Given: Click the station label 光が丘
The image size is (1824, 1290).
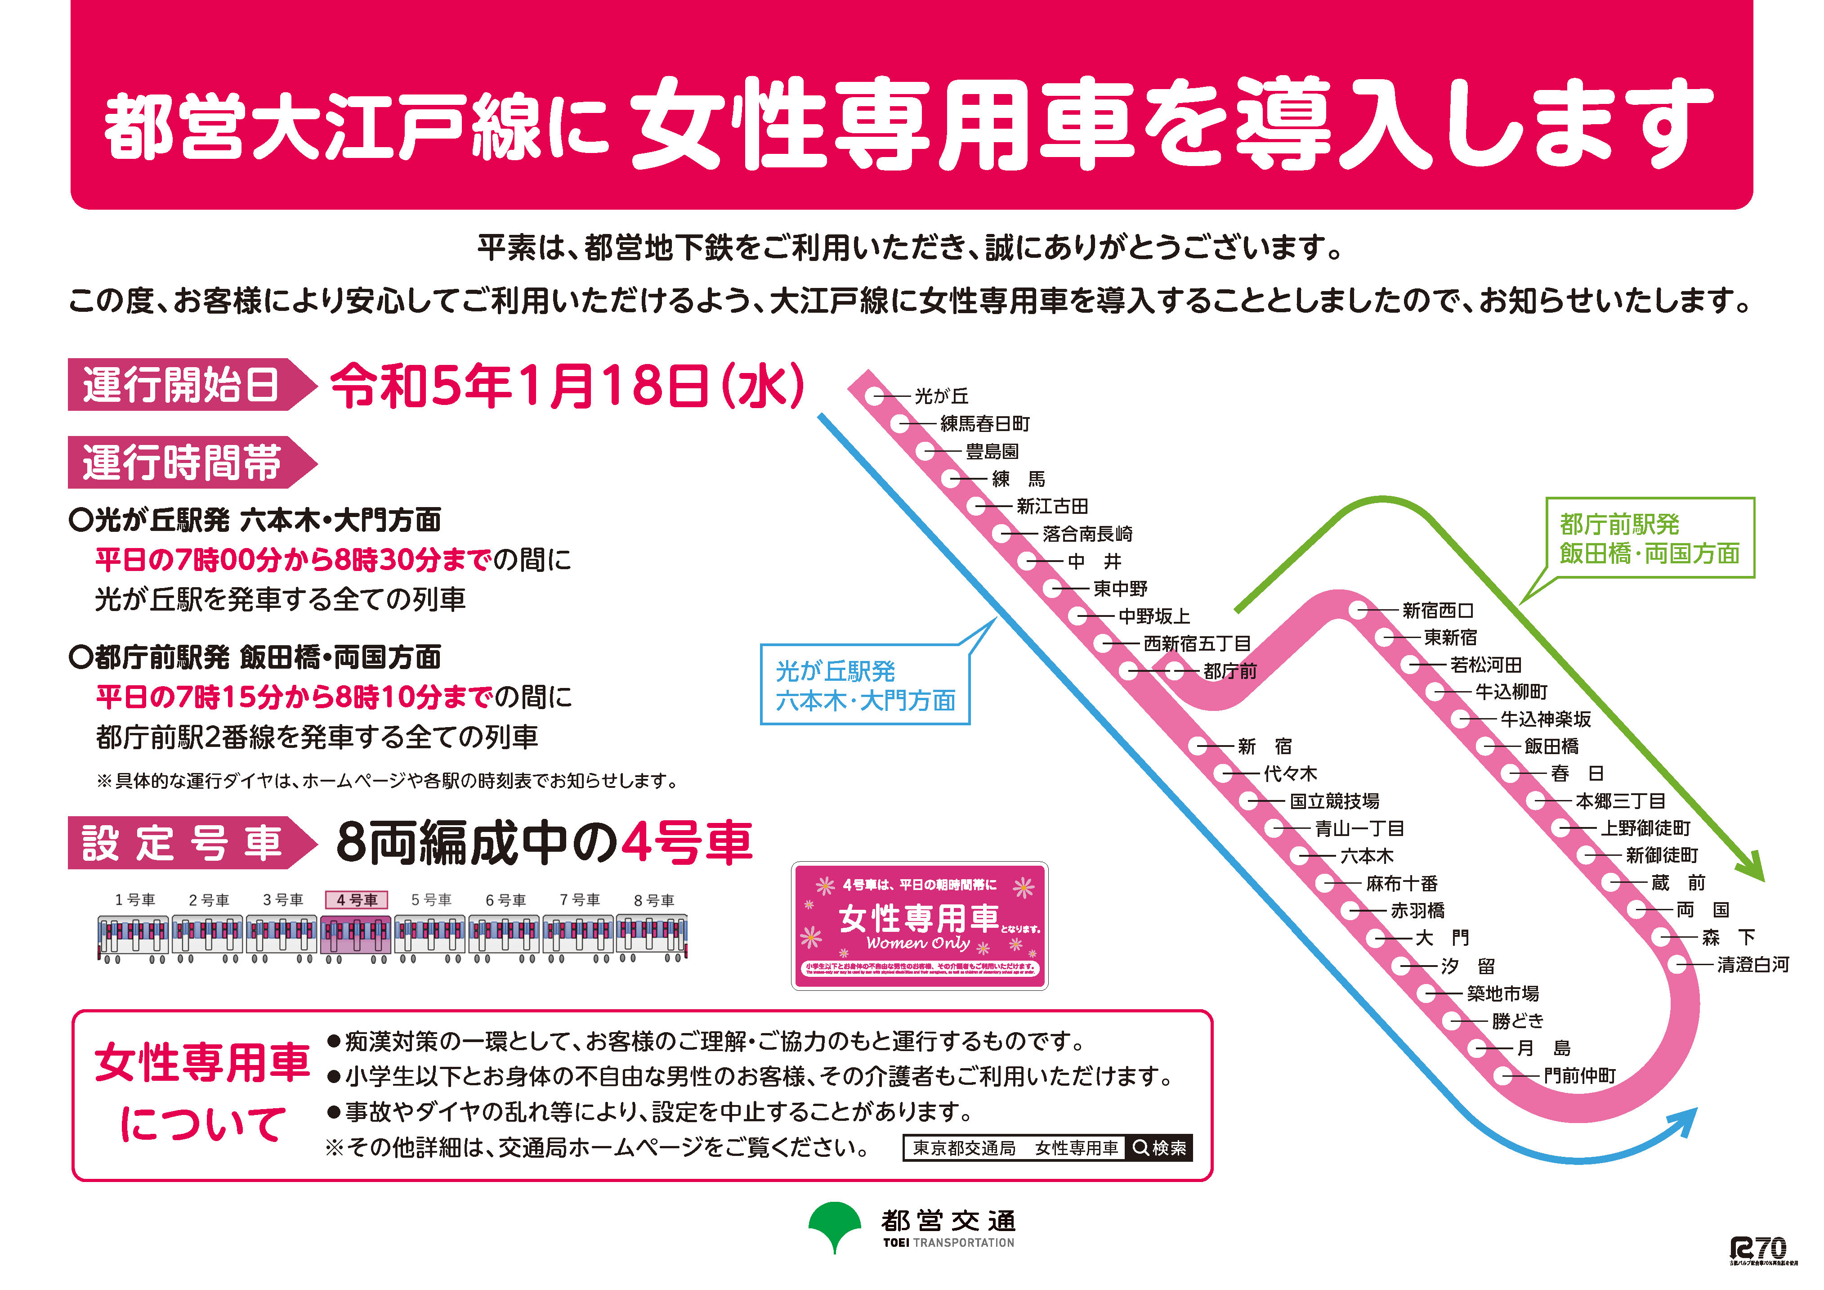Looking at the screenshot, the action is point(941,396).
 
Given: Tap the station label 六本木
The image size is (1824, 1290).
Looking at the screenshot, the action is point(1366,856).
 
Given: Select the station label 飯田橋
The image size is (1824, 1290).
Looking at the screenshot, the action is point(1551,746).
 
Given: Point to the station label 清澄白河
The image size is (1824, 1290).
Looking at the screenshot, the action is point(1752,965).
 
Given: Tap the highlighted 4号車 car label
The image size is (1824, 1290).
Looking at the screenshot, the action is point(357,900).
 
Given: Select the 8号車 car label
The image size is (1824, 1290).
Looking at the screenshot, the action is point(654,900).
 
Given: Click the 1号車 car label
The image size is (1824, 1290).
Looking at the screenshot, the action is point(135,900).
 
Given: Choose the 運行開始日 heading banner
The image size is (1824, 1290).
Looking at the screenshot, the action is point(183,385).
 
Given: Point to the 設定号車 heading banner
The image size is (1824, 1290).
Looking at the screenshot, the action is point(183,842).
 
